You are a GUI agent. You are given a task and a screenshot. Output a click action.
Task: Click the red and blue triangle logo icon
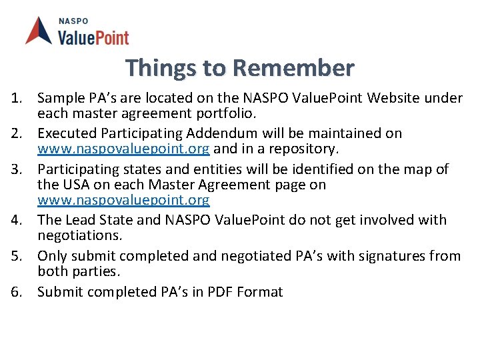coord(39,31)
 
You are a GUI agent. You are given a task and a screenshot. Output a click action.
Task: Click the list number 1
coord(16,99)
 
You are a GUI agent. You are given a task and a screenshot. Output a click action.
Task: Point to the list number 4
coord(16,220)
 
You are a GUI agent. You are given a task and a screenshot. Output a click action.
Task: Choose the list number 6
coord(16,292)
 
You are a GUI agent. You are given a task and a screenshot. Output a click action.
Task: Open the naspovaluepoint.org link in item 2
coord(123,148)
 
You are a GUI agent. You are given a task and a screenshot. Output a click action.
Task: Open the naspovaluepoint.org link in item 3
coord(123,200)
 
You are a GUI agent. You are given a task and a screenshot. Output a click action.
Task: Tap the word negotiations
coord(80,235)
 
